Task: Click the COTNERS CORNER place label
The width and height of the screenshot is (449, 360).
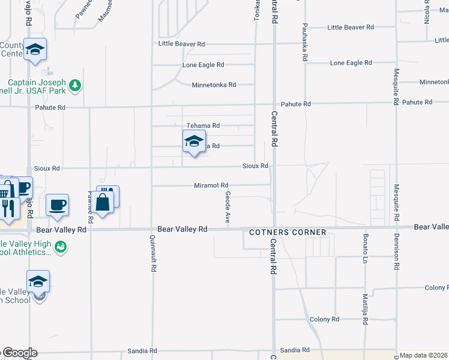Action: point(288,232)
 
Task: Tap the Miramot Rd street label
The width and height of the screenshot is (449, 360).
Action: point(211,185)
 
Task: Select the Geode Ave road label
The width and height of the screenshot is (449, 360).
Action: point(228,208)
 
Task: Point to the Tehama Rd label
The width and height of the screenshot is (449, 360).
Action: point(203,125)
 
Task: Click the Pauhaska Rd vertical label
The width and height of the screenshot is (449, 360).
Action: point(305,42)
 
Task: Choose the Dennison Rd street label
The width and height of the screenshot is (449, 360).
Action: point(396,252)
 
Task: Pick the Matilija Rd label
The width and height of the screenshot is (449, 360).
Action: point(364,309)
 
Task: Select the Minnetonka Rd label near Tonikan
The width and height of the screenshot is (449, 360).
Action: point(214,85)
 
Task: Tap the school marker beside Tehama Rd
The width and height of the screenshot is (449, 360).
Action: point(194,142)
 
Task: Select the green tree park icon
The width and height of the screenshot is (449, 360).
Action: point(75,86)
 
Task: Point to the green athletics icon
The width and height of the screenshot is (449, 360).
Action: point(60,247)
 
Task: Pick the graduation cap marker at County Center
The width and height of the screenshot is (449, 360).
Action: point(35,50)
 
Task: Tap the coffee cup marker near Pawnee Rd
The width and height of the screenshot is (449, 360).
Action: point(58,205)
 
